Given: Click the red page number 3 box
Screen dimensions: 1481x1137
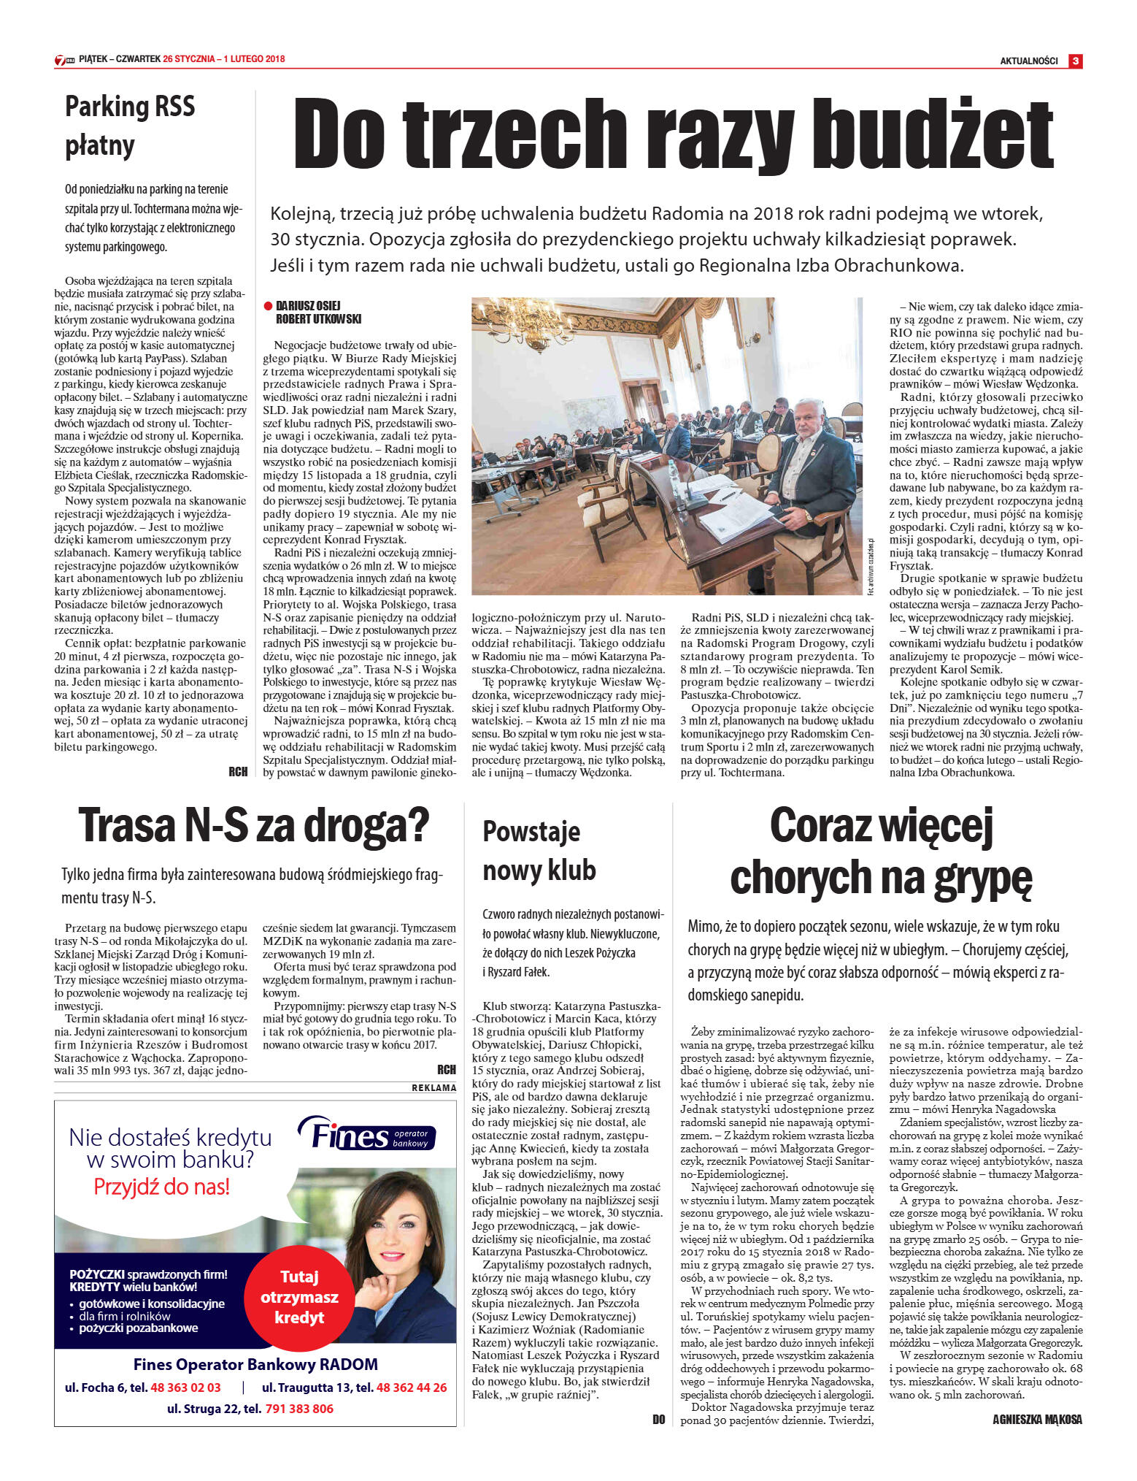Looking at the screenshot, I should point(1075,61).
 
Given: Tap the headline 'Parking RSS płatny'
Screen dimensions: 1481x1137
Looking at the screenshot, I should point(130,126).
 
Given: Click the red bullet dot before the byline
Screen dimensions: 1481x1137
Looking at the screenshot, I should point(268,306).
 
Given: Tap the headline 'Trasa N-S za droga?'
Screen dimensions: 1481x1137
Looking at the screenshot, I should point(254,824).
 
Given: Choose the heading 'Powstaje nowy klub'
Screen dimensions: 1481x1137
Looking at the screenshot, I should point(539,851).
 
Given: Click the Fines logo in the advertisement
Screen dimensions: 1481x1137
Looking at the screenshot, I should point(366,1136).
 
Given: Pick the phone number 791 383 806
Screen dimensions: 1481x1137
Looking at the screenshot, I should point(299,1409).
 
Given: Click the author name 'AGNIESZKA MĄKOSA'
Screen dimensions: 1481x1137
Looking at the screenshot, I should point(1037,1420).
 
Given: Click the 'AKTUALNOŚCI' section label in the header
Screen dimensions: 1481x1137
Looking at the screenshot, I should point(1029,61).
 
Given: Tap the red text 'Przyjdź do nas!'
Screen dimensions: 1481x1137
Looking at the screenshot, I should point(161,1187).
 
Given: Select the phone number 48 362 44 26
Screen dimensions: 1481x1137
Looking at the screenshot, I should point(412,1388).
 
